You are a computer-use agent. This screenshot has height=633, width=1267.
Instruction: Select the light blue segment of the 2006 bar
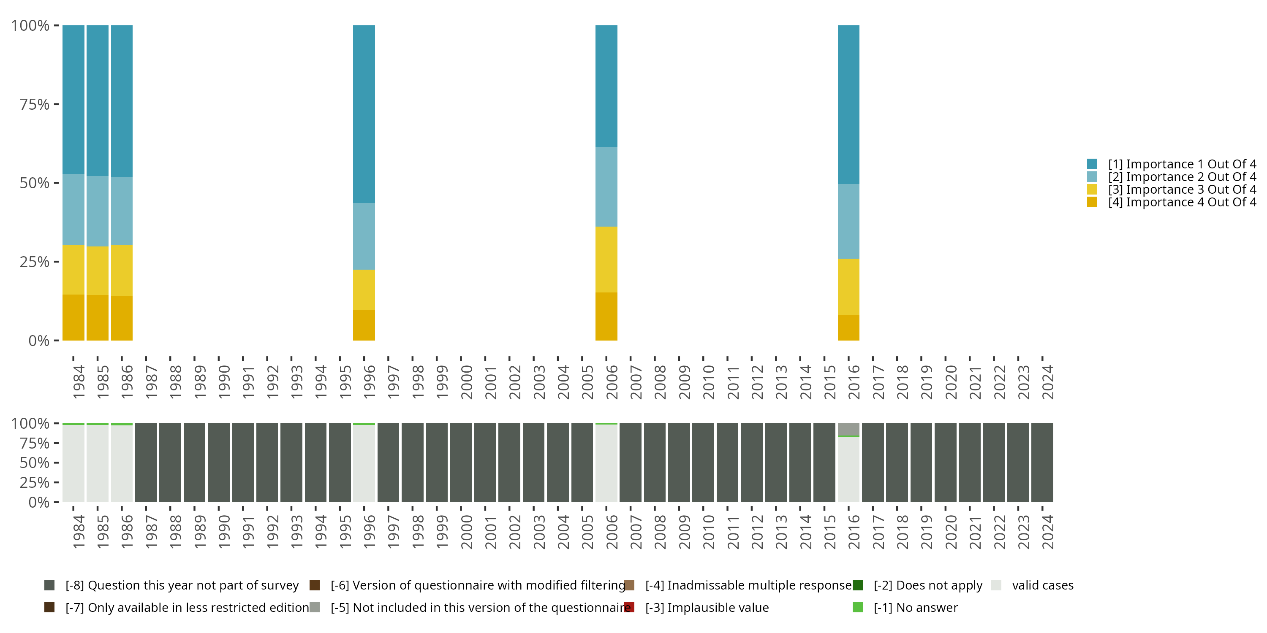pyautogui.click(x=606, y=187)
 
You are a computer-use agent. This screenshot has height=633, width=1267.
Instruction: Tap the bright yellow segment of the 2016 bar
pyautogui.click(x=848, y=287)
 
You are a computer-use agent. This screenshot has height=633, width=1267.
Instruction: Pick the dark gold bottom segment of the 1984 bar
pyautogui.click(x=73, y=317)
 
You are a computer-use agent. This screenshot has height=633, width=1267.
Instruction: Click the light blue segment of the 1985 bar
pyautogui.click(x=98, y=211)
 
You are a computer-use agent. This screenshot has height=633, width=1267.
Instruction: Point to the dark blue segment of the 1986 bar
pyautogui.click(x=122, y=101)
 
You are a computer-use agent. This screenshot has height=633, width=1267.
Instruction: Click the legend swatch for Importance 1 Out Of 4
pyautogui.click(x=1092, y=164)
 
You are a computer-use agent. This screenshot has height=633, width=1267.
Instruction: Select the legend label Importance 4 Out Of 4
pyautogui.click(x=1181, y=203)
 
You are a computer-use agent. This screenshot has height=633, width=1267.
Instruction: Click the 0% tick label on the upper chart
pyautogui.click(x=39, y=341)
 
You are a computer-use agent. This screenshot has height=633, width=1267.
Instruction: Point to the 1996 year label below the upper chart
pyautogui.click(x=369, y=382)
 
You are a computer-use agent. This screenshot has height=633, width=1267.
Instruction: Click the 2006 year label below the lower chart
pyautogui.click(x=612, y=532)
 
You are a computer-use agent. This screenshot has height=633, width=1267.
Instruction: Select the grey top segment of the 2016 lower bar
pyautogui.click(x=848, y=429)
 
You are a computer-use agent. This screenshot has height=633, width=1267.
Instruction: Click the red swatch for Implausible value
pyautogui.click(x=629, y=607)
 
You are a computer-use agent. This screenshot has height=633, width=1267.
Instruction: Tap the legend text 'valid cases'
pyautogui.click(x=1042, y=585)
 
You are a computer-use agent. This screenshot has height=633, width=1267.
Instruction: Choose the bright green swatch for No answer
pyautogui.click(x=857, y=607)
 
